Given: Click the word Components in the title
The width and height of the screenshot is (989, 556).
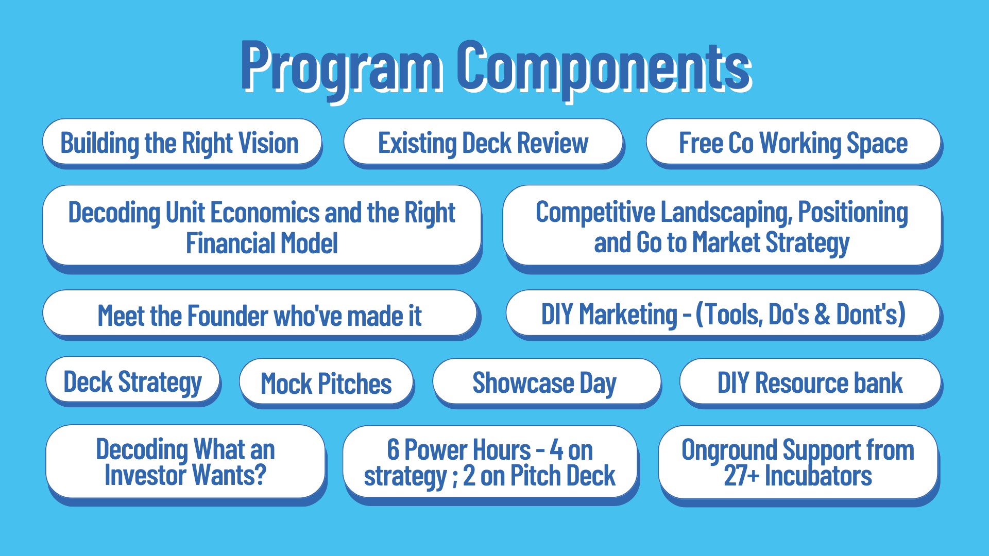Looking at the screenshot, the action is pos(603,67).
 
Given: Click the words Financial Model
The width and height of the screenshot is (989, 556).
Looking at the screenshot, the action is pos(262,243).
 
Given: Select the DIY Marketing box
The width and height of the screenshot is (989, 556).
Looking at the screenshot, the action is pos(723,314).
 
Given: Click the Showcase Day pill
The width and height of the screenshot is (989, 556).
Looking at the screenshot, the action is pos(547,383).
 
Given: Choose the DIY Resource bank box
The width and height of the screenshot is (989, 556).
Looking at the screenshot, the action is pos(810,383).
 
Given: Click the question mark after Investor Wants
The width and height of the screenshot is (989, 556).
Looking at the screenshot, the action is pos(261,475).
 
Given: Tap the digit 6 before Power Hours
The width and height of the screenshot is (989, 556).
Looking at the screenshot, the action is pos(393,449).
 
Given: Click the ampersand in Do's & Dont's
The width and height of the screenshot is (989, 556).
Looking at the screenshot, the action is pos(822,314).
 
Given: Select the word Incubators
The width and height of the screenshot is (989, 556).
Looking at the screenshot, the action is pos(819,476).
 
